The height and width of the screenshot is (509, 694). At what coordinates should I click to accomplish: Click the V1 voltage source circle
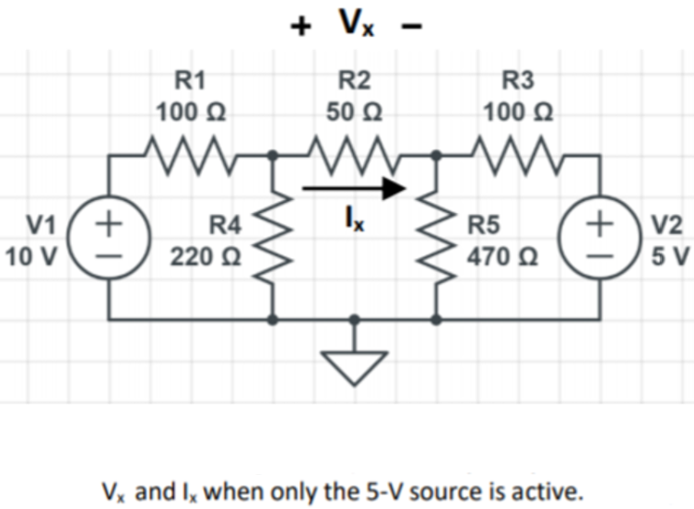pyautogui.click(x=111, y=238)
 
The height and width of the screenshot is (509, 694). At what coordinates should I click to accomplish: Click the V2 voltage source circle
pyautogui.click(x=602, y=238)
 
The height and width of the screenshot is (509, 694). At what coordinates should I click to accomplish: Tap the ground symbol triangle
pyautogui.click(x=353, y=366)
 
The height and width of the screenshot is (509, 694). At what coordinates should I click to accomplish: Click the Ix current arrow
pyautogui.click(x=354, y=190)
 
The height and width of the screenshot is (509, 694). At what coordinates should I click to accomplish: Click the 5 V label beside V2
pyautogui.click(x=670, y=254)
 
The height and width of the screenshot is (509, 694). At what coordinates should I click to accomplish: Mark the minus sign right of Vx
pyautogui.click(x=411, y=27)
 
